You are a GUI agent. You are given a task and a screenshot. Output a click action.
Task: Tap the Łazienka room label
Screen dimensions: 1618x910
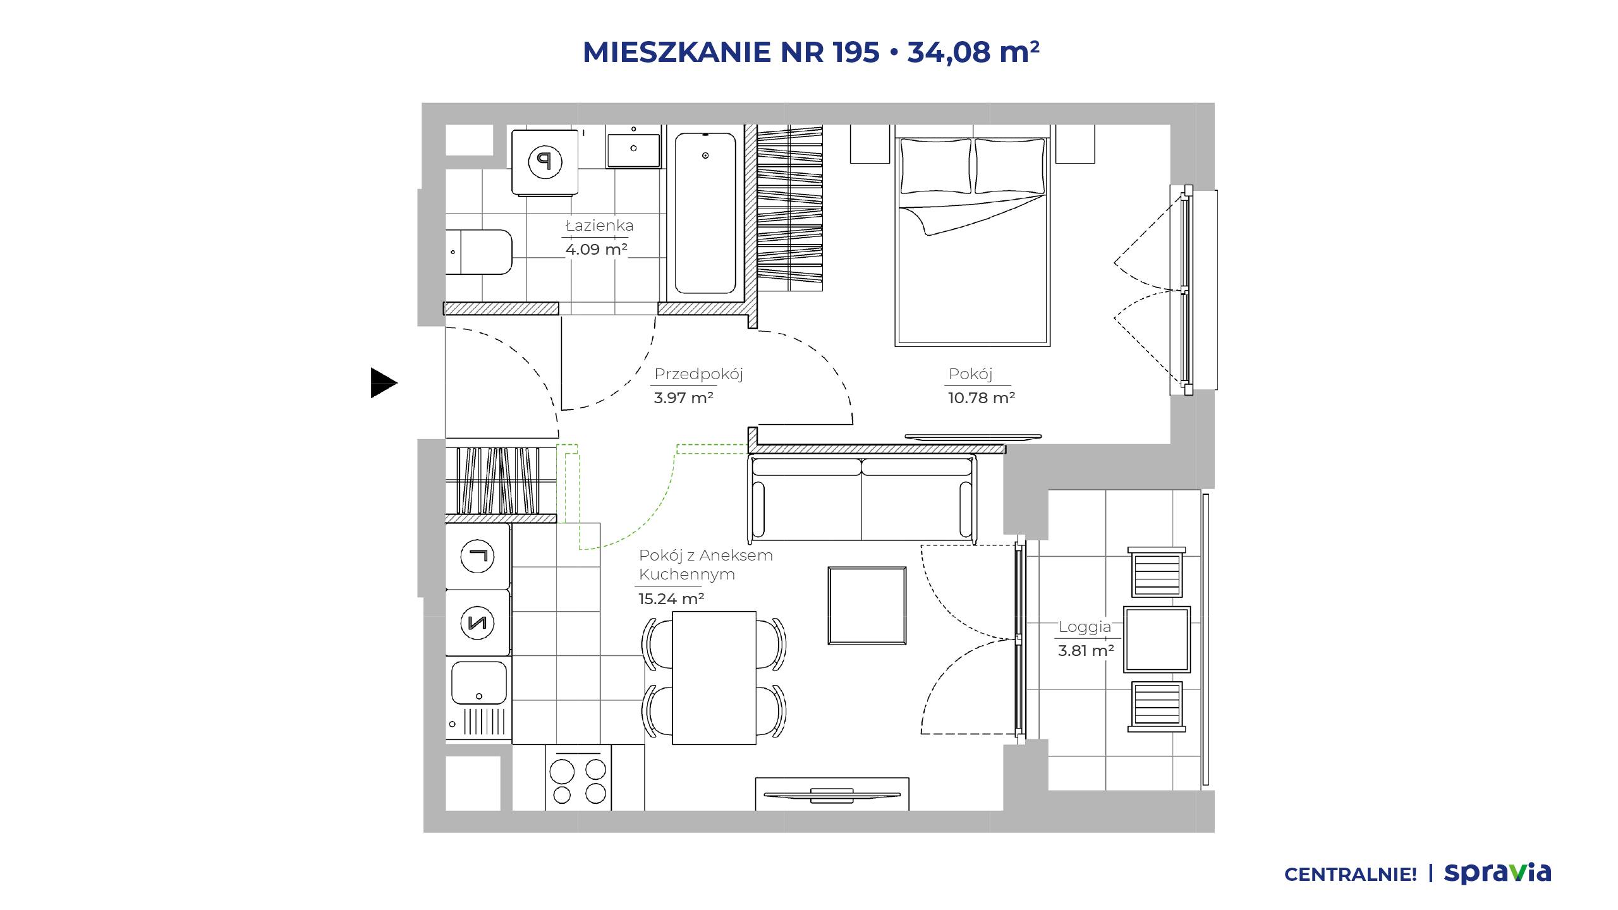point(599,226)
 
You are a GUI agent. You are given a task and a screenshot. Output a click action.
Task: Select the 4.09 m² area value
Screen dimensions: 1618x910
point(596,249)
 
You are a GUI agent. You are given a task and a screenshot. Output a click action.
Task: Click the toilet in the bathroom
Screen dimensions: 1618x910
point(479,252)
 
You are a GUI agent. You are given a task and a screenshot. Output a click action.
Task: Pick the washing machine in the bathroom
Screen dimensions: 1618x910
point(545,162)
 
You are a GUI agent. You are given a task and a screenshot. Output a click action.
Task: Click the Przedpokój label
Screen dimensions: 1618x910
point(698,374)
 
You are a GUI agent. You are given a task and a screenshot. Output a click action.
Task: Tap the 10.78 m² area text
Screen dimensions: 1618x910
point(981,398)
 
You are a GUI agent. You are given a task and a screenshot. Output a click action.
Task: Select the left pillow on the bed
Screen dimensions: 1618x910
point(935,166)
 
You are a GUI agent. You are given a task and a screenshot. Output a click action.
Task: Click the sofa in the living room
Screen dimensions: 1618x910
point(862,499)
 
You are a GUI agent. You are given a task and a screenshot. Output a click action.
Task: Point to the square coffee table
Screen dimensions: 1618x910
point(867,605)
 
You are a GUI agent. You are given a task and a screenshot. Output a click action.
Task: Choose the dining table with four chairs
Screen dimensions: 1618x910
point(714,677)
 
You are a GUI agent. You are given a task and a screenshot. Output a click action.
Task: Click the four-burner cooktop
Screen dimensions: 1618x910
point(578,778)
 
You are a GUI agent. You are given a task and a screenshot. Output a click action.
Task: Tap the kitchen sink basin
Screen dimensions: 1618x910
point(479,682)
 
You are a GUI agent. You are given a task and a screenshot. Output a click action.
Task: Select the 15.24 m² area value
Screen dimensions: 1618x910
point(671,598)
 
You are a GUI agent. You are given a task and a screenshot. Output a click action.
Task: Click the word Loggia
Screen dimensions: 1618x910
point(1085,627)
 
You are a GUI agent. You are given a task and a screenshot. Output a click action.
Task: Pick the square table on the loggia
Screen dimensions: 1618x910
point(1157,639)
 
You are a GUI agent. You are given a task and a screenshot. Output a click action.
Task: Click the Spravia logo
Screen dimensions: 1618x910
point(1497,873)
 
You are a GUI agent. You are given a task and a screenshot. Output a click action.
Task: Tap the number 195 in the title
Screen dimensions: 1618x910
point(856,52)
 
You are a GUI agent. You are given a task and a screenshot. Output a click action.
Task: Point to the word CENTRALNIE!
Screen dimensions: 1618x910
point(1351,875)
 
